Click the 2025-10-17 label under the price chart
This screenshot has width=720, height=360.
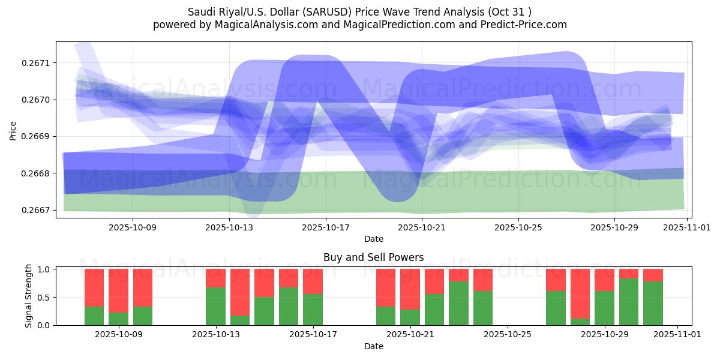tap(325, 228)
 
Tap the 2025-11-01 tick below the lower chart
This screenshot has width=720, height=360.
tap(677, 335)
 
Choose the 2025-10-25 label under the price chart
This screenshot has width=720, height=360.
tap(518, 228)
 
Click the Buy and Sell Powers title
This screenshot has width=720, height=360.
tap(373, 257)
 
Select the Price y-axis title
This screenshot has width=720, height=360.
tap(13, 130)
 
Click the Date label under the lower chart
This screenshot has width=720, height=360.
tap(373, 346)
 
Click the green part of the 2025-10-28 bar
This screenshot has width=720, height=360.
tap(580, 322)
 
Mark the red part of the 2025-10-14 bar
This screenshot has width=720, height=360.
tap(240, 292)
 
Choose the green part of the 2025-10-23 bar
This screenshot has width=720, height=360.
tap(458, 303)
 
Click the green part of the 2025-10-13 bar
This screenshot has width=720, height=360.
tap(215, 306)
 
